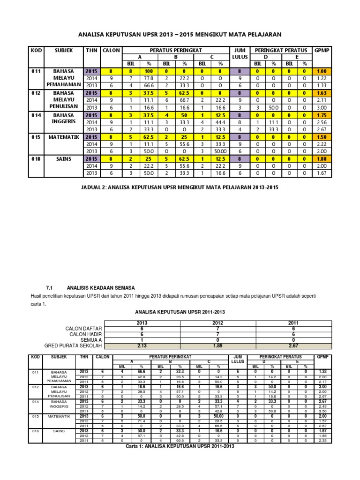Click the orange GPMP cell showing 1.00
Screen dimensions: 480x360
pos(322,71)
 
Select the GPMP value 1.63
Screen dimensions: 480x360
pos(322,93)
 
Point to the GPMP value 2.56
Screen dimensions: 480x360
pos(322,122)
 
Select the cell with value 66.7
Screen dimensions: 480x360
pos(184,100)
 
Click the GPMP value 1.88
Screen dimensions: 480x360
pos(322,158)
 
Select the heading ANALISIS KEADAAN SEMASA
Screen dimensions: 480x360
pos(101,287)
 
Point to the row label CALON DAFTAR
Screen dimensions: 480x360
pos(85,329)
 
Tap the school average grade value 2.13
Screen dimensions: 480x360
pos(142,345)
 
